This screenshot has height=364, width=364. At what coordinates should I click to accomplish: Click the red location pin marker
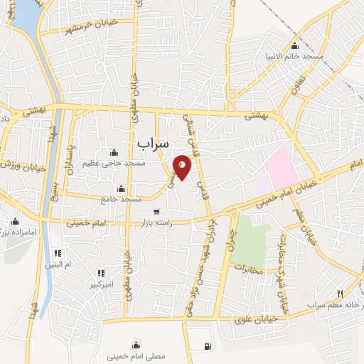183,167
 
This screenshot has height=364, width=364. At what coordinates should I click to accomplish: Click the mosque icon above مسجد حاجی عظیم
114,152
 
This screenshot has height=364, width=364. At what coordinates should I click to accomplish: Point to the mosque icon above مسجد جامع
121,188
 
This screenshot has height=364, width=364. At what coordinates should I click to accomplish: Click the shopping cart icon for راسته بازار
156,212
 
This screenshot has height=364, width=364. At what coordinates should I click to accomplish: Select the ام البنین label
58,264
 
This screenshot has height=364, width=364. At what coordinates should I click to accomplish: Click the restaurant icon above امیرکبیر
100,273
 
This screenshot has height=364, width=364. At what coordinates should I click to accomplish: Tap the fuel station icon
207,346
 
